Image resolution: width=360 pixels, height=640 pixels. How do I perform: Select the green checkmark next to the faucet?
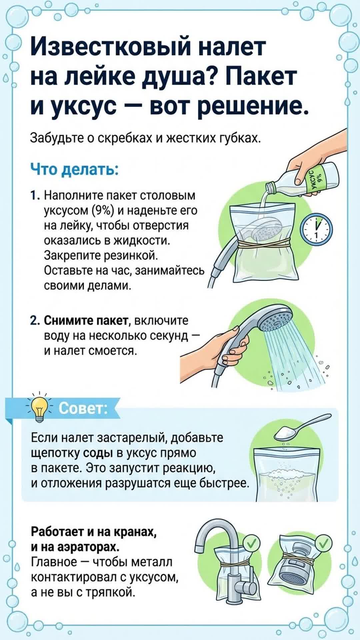tap(252, 544)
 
